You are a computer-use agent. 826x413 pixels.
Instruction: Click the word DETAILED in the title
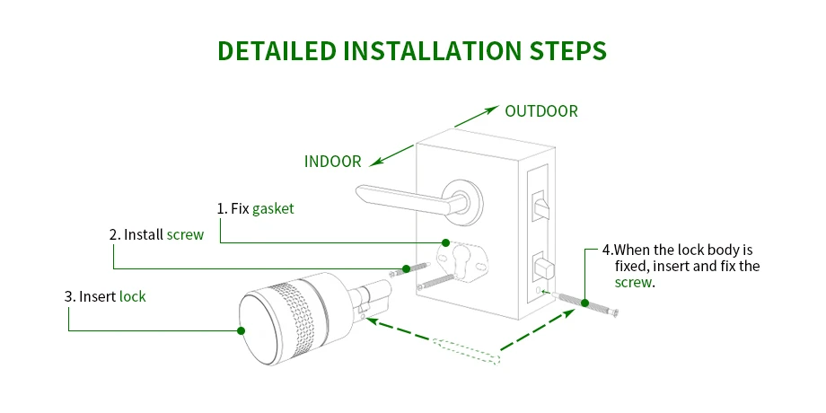pyautogui.click(x=277, y=50)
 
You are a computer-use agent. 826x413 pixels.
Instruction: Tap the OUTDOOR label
pyautogui.click(x=541, y=111)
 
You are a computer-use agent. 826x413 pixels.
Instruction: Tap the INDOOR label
pyautogui.click(x=333, y=162)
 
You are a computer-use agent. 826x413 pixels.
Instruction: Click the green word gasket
pyautogui.click(x=273, y=208)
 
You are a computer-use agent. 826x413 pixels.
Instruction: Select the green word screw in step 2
pyautogui.click(x=185, y=234)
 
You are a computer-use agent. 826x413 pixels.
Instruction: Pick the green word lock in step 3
pyautogui.click(x=132, y=296)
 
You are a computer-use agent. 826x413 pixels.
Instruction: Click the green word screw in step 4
pyautogui.click(x=634, y=282)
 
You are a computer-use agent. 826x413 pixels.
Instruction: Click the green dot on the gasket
pyautogui.click(x=445, y=242)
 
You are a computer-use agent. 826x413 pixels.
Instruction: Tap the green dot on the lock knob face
pyautogui.click(x=241, y=330)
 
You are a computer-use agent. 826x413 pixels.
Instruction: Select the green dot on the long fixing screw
pyautogui.click(x=584, y=303)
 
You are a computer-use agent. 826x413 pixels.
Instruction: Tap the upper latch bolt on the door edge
pyautogui.click(x=539, y=205)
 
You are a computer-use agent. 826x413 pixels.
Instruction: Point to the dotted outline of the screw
pyautogui.click(x=466, y=351)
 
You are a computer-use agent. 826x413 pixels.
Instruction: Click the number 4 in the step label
pyautogui.click(x=606, y=250)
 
